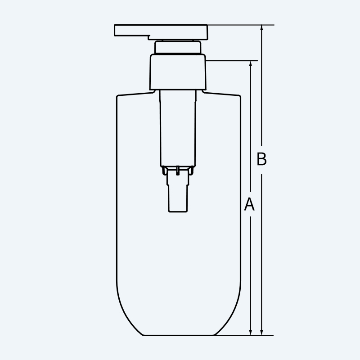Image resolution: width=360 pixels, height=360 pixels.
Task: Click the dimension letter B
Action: (x=261, y=159)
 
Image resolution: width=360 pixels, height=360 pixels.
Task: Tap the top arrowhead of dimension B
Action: (x=261, y=28)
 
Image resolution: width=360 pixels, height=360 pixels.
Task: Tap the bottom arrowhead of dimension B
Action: (x=261, y=332)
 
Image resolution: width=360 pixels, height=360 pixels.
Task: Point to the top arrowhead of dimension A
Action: (x=251, y=64)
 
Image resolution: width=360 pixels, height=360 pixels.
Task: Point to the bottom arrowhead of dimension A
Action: (x=251, y=332)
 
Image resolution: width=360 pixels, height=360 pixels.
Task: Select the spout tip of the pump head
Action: (x=115, y=30)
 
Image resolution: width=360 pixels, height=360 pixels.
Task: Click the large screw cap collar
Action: (x=178, y=72)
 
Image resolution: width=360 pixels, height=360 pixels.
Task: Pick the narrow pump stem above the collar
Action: (x=178, y=47)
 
